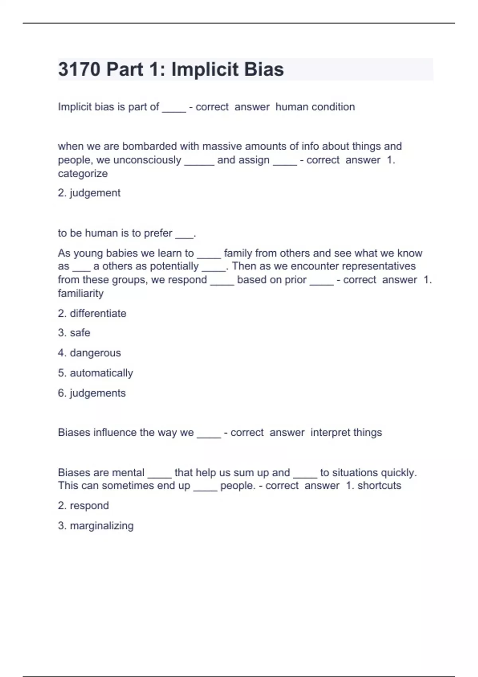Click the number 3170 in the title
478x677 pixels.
[79, 69]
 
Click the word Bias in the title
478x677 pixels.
[264, 69]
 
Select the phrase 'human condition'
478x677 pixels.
[315, 107]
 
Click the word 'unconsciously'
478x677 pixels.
[147, 160]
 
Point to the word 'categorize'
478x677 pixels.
[83, 174]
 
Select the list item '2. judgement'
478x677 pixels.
[89, 193]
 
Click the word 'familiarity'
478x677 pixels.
[81, 293]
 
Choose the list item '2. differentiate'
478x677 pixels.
[92, 313]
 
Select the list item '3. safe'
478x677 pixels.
[74, 333]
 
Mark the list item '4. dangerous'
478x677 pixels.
[89, 353]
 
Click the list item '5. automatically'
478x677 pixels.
[96, 373]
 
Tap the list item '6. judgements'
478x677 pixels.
[92, 393]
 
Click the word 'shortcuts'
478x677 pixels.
[379, 485]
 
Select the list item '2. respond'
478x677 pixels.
[83, 506]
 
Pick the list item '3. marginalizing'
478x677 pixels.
[96, 526]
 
